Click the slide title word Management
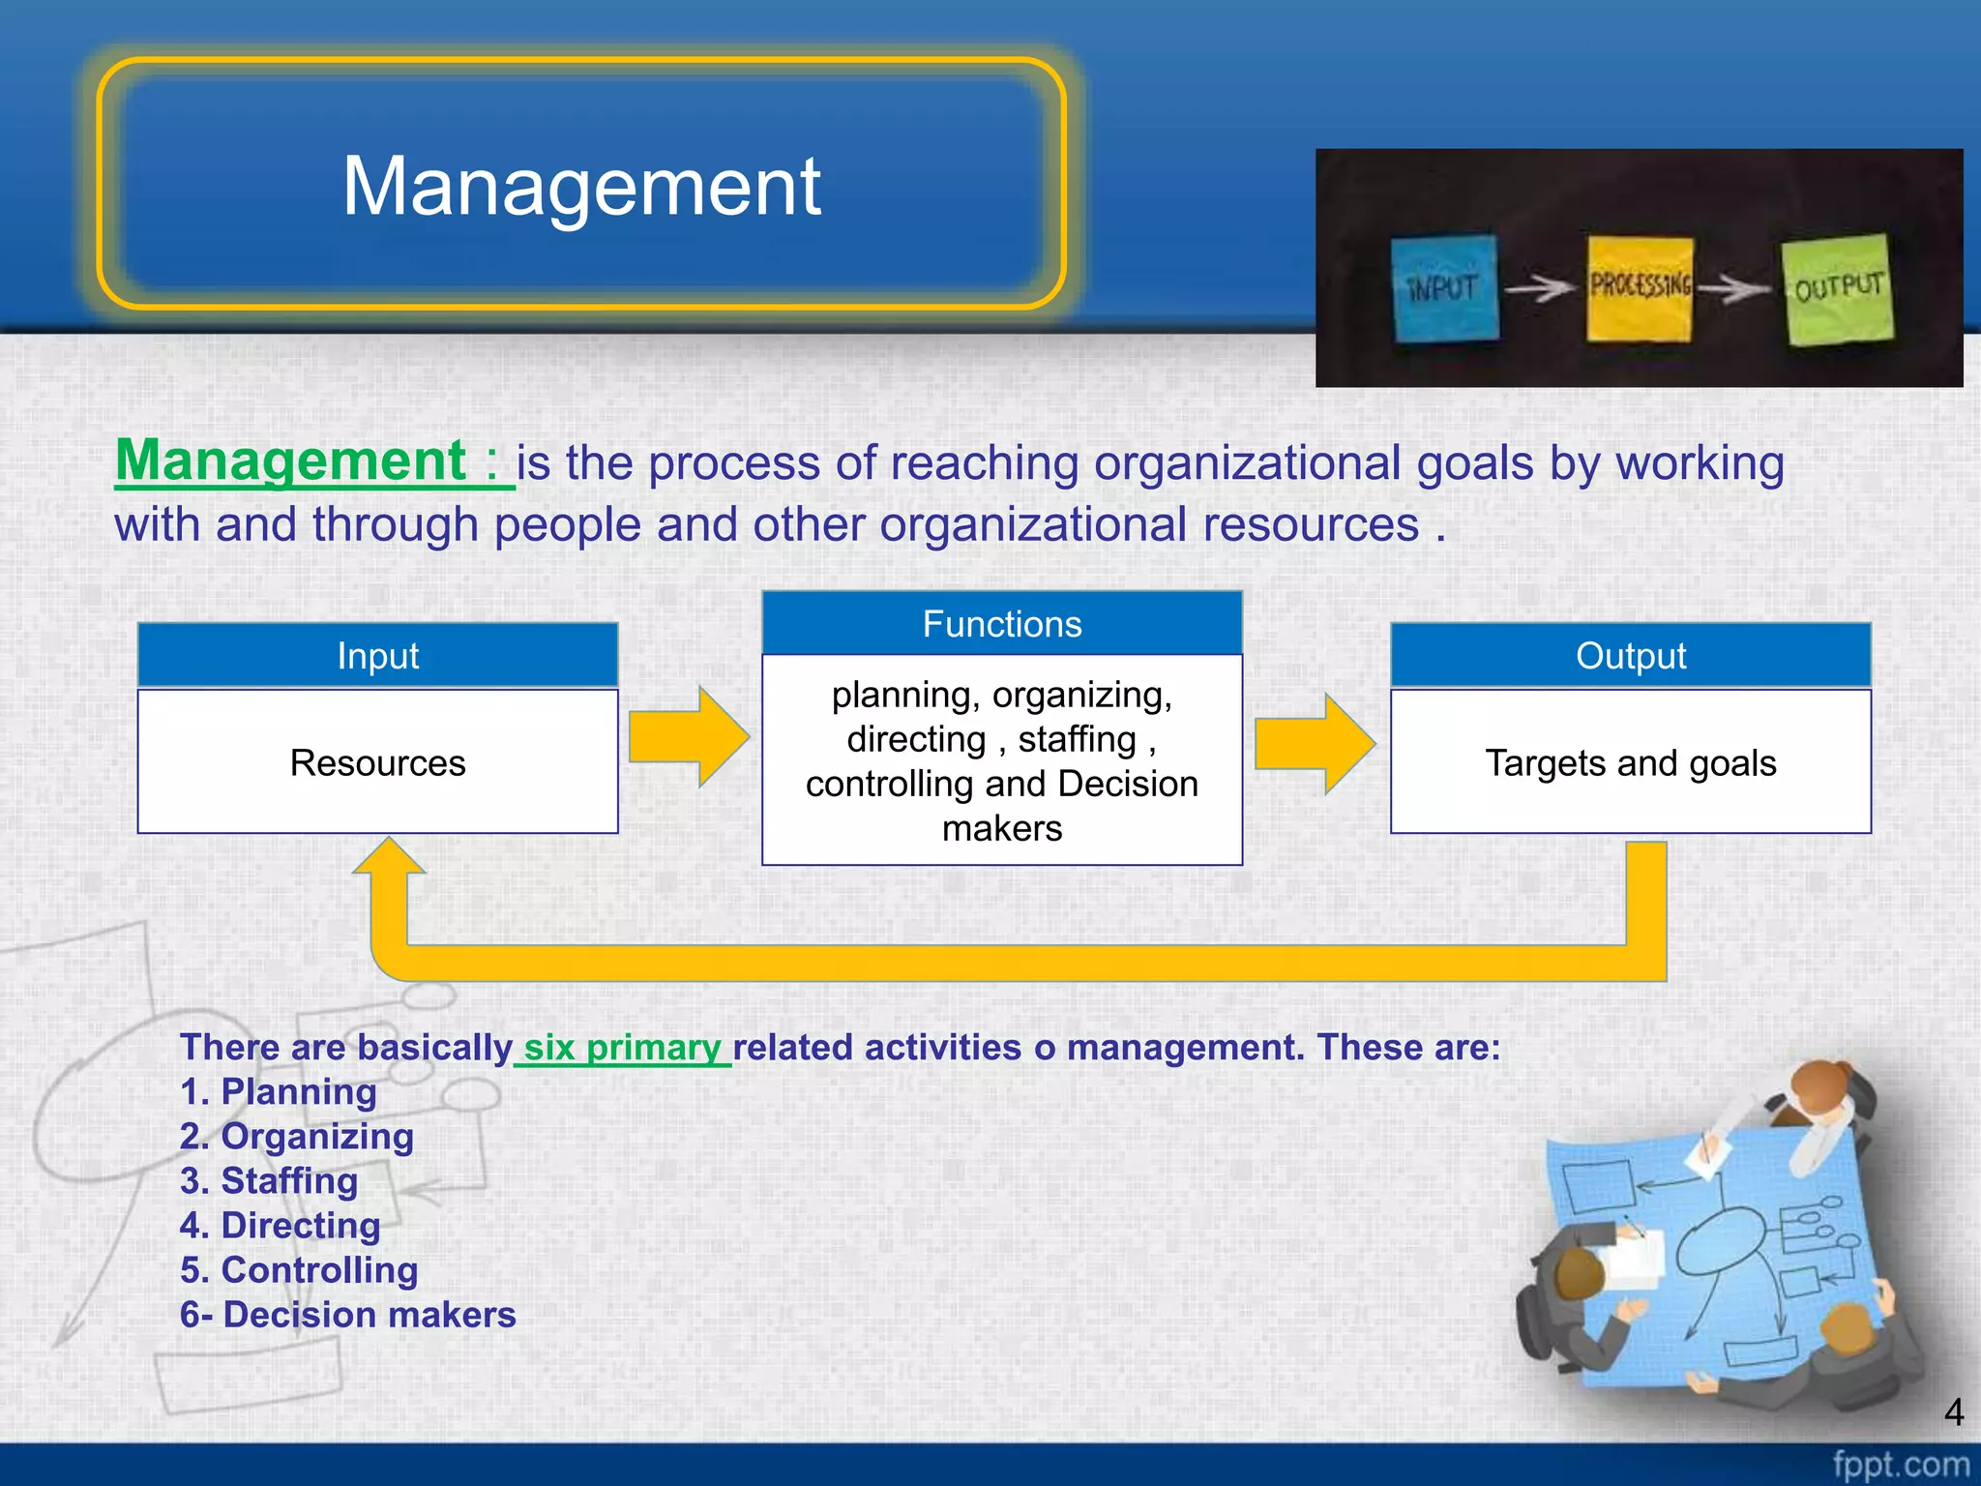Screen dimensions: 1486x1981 (x=581, y=186)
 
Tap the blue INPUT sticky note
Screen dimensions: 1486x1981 (x=1443, y=287)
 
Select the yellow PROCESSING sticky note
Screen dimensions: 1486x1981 (x=1640, y=287)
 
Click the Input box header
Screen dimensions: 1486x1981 (x=377, y=656)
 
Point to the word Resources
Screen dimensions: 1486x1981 (x=377, y=763)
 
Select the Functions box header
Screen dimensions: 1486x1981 (x=1001, y=624)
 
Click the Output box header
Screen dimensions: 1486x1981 (x=1630, y=656)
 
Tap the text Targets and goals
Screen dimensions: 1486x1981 (x=1630, y=763)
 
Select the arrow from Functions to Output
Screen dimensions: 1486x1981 (x=1315, y=743)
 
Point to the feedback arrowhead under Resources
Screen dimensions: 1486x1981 (x=389, y=857)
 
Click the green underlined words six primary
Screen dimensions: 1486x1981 (x=623, y=1048)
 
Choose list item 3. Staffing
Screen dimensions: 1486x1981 (x=269, y=1181)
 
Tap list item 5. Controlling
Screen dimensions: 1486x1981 (x=299, y=1270)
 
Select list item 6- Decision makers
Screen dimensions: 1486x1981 (x=347, y=1315)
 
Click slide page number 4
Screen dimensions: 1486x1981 (x=1953, y=1412)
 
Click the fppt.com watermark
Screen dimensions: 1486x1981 (x=1900, y=1464)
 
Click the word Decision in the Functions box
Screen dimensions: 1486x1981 (x=1128, y=784)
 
